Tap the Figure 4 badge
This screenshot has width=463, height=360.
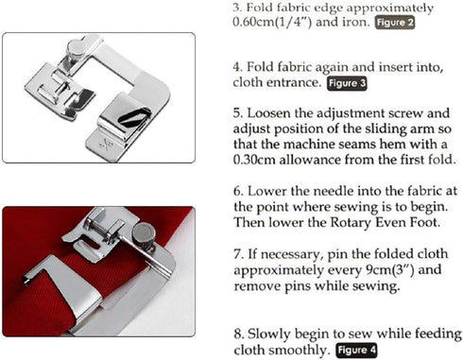click(357, 350)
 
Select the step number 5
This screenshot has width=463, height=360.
click(236, 110)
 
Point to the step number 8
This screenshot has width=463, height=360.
click(236, 333)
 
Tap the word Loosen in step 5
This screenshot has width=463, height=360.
click(274, 110)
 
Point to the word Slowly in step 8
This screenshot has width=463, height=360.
click(271, 333)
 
